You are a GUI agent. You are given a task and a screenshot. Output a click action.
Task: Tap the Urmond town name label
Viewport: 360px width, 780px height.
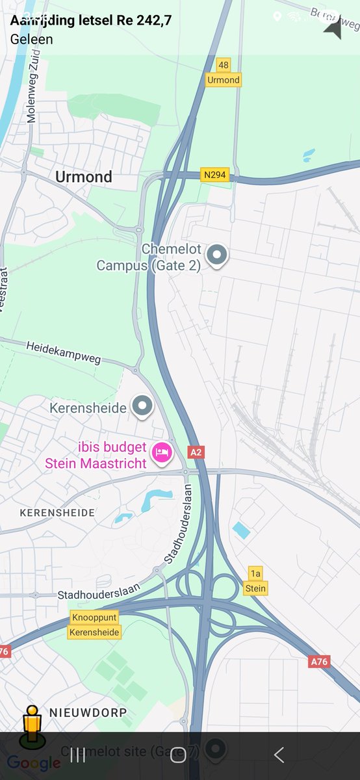(x=83, y=177)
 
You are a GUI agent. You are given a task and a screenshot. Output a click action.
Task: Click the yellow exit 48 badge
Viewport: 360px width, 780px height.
(x=224, y=65)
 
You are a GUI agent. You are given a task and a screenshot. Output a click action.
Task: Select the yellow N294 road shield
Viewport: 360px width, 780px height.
(x=216, y=175)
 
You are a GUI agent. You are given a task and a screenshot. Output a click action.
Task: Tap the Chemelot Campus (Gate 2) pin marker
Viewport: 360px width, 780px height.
(x=217, y=256)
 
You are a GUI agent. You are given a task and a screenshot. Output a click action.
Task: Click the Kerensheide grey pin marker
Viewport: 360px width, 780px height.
(x=142, y=406)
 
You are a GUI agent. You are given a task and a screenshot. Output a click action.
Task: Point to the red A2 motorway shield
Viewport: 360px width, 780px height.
(x=196, y=452)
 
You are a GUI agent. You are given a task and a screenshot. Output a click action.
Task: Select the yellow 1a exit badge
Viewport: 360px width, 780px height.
(x=255, y=573)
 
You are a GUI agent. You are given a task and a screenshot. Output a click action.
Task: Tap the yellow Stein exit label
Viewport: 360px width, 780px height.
(x=255, y=588)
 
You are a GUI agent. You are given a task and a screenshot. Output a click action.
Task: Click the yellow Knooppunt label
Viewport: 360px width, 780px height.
(x=95, y=617)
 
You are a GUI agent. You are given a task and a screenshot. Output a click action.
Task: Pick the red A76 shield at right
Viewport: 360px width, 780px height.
(x=319, y=662)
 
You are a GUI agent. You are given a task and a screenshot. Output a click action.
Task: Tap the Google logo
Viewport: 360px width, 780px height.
(x=34, y=763)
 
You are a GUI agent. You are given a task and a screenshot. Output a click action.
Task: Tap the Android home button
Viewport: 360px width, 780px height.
(x=178, y=755)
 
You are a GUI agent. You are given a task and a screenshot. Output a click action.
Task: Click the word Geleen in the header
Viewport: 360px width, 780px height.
(x=32, y=39)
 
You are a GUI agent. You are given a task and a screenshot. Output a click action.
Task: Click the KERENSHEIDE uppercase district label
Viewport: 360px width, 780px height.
(x=57, y=513)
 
